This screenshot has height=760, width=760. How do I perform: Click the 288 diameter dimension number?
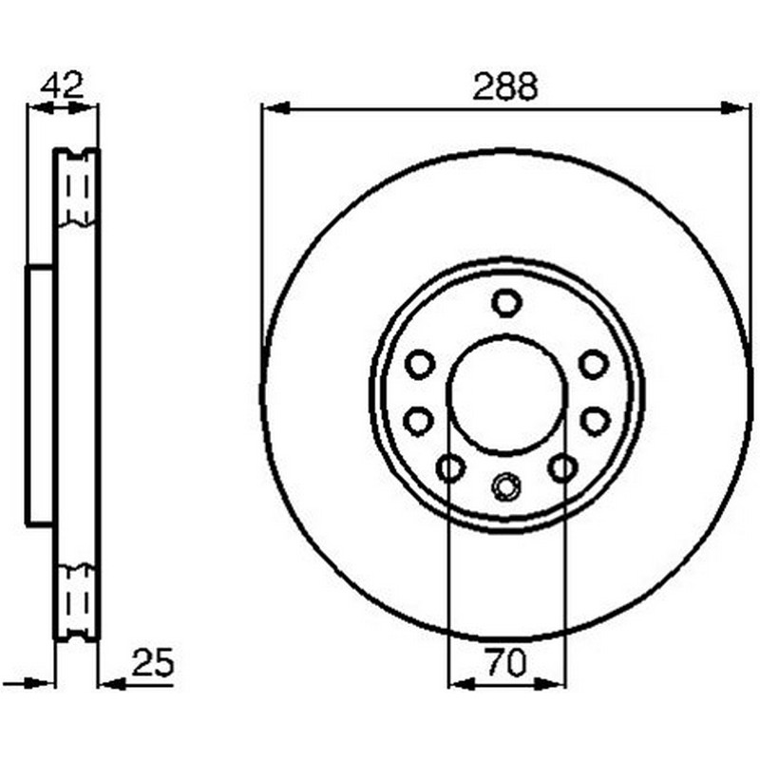[x=505, y=86]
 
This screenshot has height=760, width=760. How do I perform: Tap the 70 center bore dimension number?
[x=505, y=662]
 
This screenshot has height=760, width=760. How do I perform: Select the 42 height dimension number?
[x=62, y=85]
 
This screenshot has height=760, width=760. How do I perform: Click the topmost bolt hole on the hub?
[x=506, y=303]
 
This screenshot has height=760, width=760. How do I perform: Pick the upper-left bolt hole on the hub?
[x=419, y=364]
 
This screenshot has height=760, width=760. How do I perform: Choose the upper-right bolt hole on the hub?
[x=594, y=364]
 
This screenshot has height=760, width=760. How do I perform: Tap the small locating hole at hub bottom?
[x=506, y=486]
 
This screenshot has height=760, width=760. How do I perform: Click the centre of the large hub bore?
[x=507, y=395]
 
